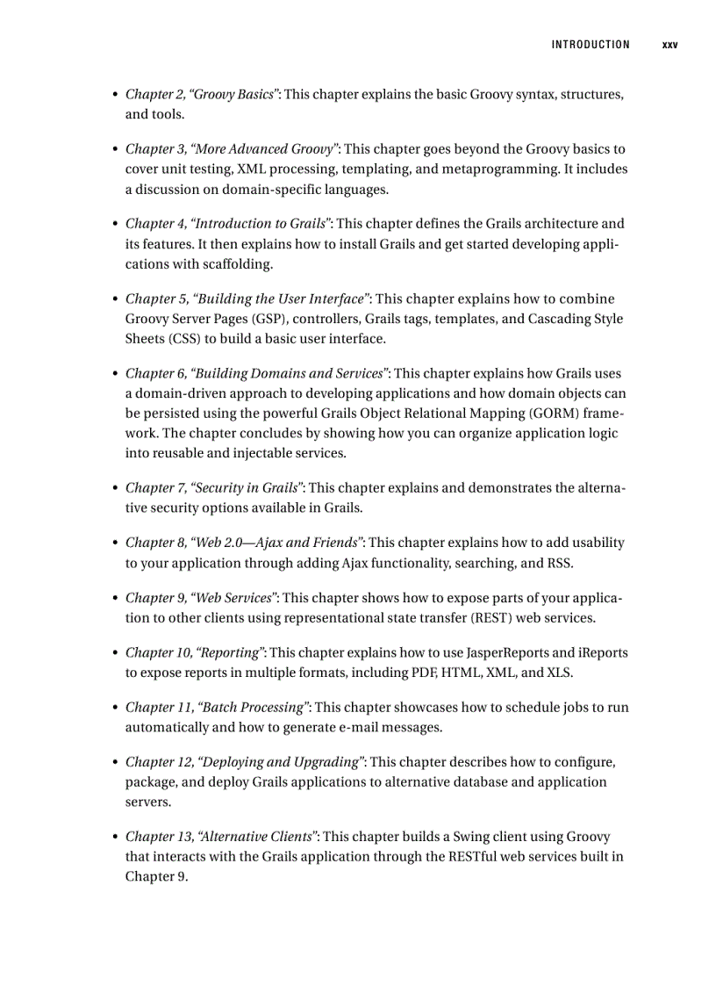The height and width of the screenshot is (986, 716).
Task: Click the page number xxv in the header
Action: pyautogui.click(x=669, y=45)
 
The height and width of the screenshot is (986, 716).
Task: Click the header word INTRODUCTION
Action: pyautogui.click(x=591, y=45)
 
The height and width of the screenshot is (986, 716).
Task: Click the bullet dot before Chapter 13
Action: pyautogui.click(x=113, y=838)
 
